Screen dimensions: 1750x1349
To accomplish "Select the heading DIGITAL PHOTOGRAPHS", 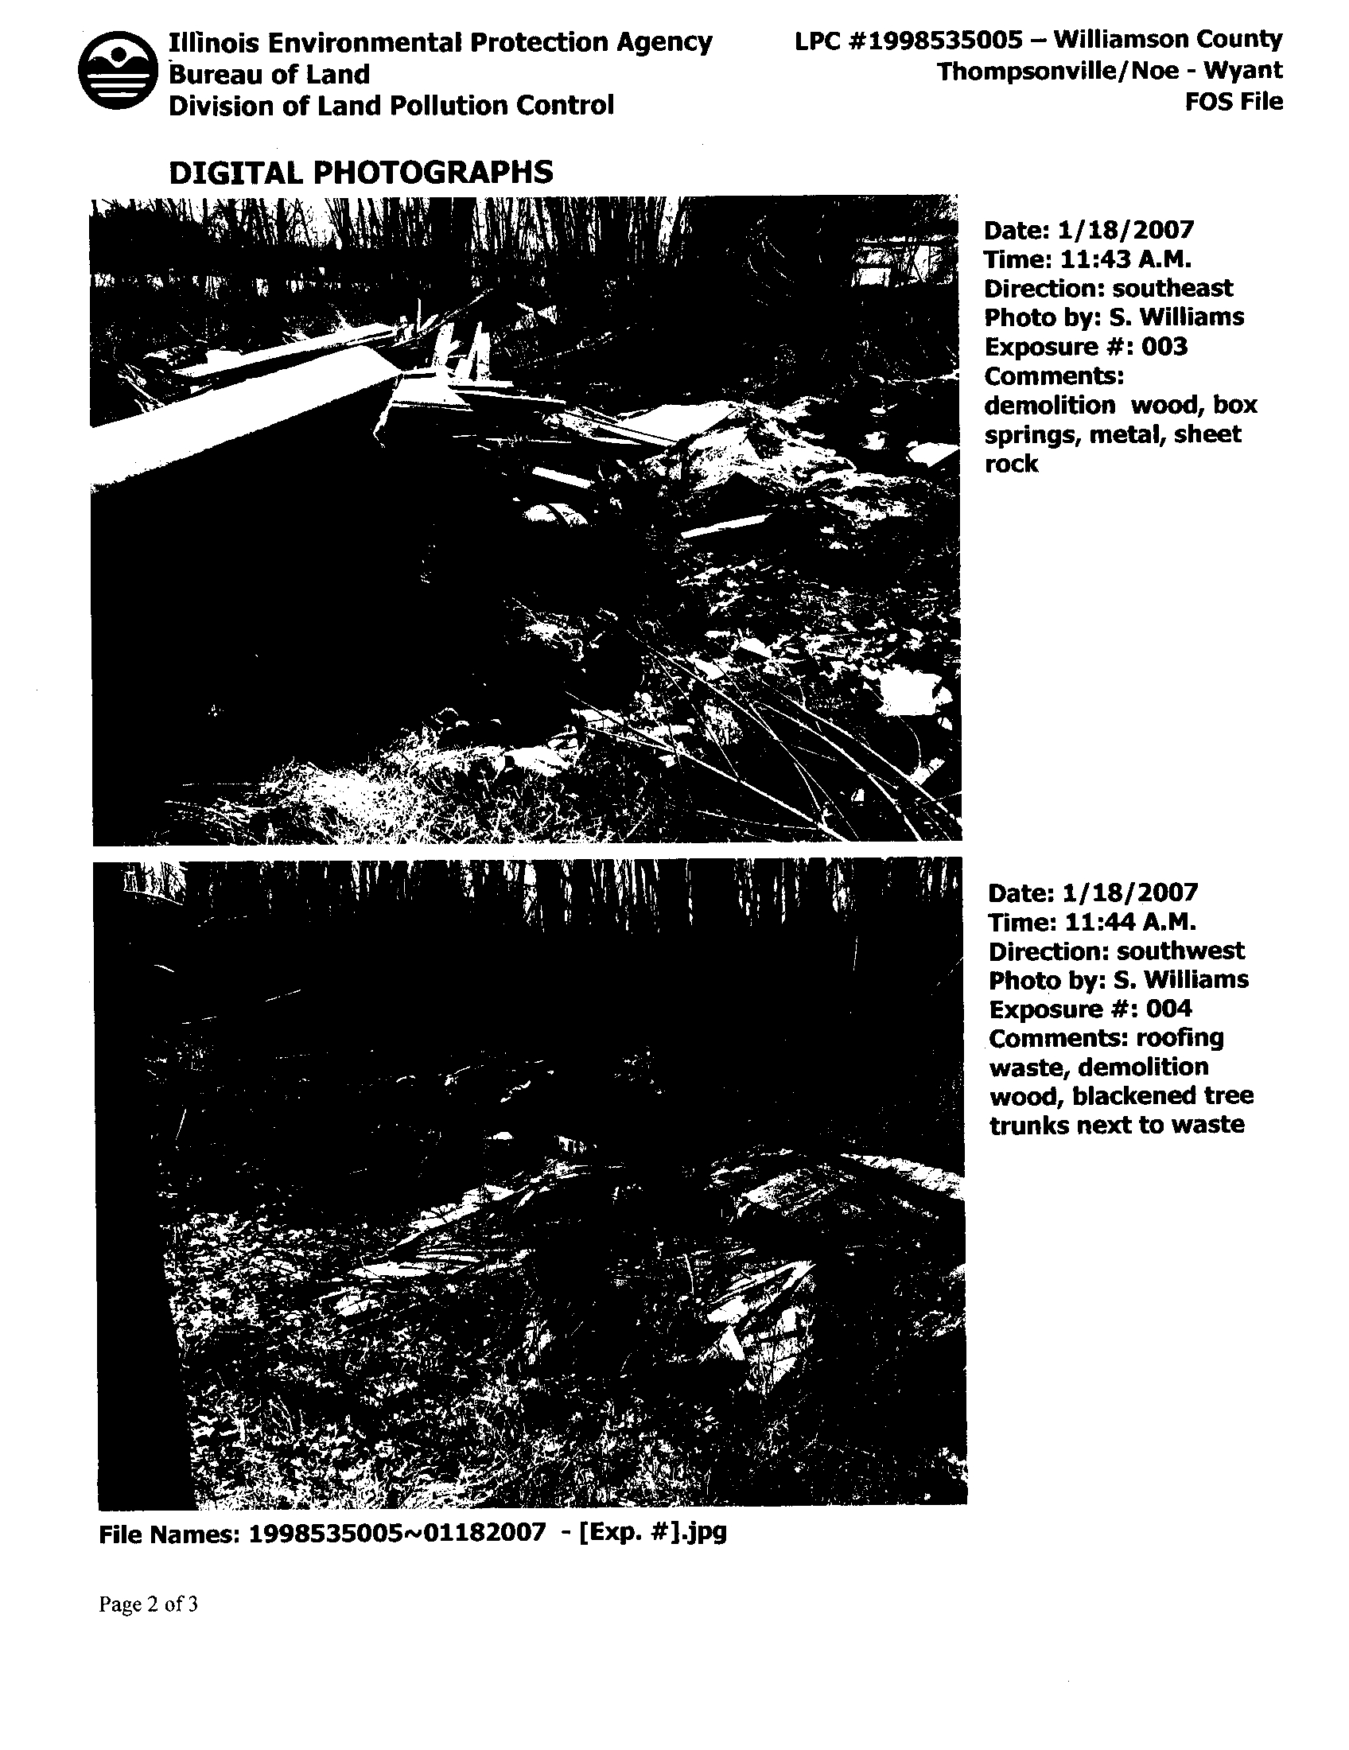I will click(360, 173).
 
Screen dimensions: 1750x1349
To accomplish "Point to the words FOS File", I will click(1234, 102).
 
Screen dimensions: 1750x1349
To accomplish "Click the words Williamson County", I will click(1167, 39).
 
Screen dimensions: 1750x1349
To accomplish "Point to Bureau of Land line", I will click(269, 75).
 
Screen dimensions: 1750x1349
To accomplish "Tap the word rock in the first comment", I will click(1011, 464).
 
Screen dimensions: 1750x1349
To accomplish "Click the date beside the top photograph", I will click(1125, 231).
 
